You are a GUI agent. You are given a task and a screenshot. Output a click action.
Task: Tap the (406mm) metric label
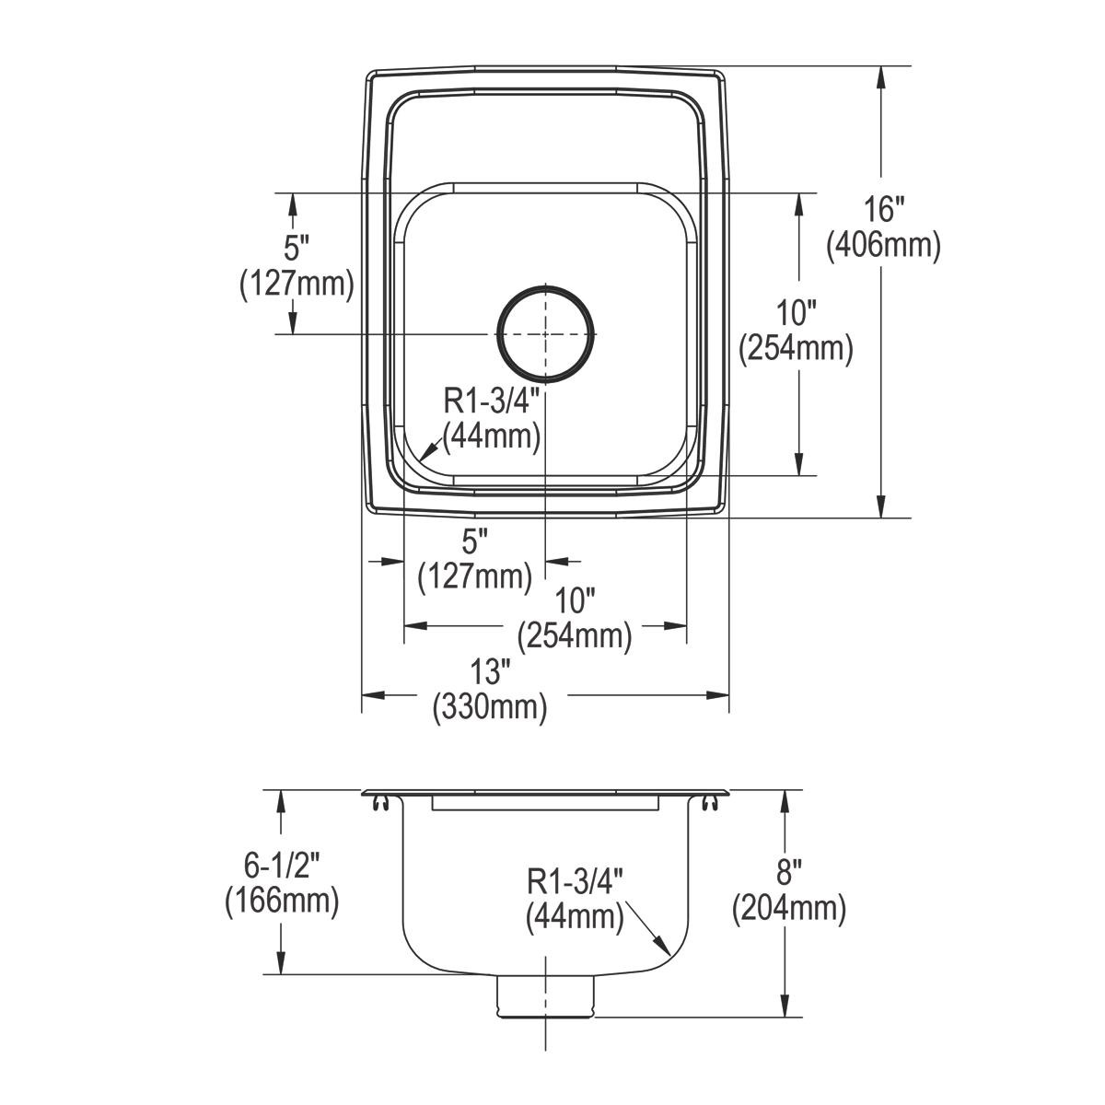884,246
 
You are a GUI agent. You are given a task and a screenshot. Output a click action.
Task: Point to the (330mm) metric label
490,707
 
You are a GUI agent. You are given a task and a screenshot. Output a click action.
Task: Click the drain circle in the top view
545,333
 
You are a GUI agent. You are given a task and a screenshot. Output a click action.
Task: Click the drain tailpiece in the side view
545,998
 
